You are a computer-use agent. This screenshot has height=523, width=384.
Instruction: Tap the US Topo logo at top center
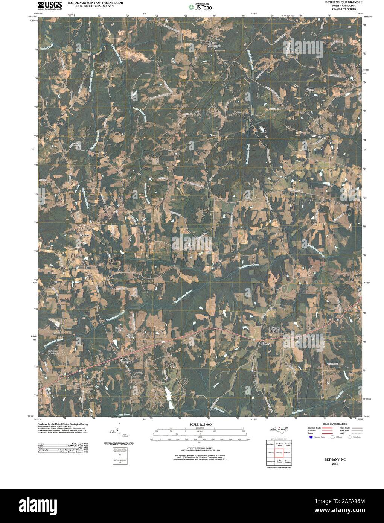[201, 6]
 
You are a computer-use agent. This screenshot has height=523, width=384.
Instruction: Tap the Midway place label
[266, 344]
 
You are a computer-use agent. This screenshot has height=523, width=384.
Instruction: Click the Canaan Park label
[276, 330]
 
